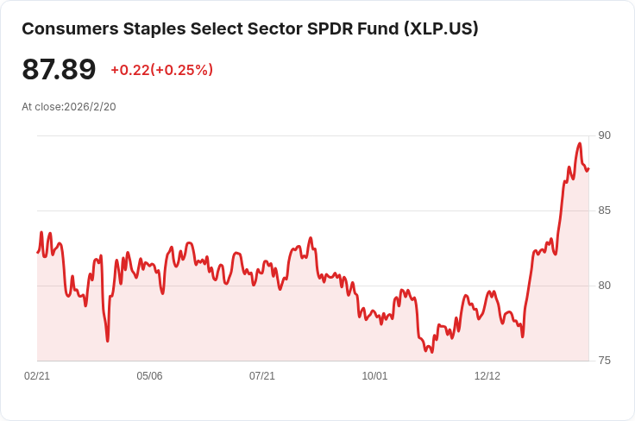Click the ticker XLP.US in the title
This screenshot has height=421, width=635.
pos(441,28)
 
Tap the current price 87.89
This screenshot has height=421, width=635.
pos(59,69)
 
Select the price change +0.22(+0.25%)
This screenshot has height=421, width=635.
pos(161,70)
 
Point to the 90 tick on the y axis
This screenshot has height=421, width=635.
pos(604,135)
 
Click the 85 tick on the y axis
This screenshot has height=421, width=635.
pos(604,210)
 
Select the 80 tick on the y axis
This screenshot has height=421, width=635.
pos(604,286)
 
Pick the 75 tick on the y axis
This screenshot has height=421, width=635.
pos(604,361)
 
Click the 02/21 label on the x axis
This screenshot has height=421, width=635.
pos(37,376)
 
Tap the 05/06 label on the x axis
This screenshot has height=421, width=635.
pos(149,376)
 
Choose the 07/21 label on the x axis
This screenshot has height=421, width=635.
pos(262,376)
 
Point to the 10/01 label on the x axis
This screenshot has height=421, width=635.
pos(374,376)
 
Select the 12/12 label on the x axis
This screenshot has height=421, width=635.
pos(487,376)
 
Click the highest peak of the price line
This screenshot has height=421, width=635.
pos(580,143)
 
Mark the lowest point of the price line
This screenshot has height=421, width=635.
pos(432,352)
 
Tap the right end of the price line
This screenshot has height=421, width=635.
pos(588,168)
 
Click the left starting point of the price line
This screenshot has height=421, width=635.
pos(37,252)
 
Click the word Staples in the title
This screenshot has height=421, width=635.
pos(149,28)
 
